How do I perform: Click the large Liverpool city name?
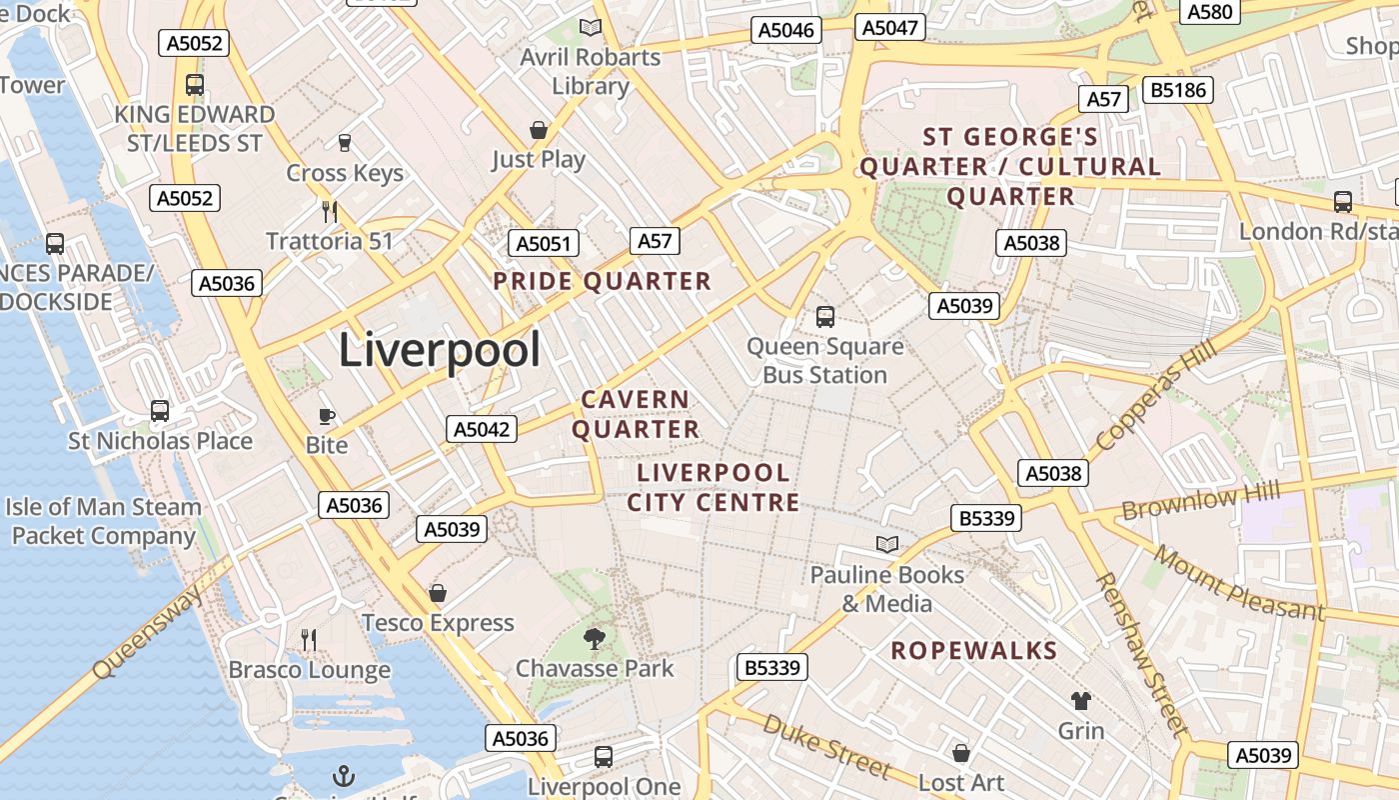(440, 350)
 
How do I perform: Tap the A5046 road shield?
(787, 30)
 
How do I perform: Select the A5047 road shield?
(889, 27)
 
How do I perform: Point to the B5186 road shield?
(1180, 90)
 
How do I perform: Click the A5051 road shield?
(544, 243)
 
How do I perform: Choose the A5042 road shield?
(482, 429)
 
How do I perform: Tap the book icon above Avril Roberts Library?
(591, 28)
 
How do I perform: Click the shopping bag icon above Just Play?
(539, 130)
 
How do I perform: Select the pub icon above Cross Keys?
(345, 143)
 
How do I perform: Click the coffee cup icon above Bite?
(327, 416)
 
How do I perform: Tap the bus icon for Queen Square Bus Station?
(825, 317)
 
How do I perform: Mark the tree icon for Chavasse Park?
(595, 638)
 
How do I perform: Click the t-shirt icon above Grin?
(1081, 700)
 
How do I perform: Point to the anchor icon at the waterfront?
(344, 775)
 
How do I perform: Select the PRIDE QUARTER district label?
(603, 281)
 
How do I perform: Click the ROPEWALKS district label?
(974, 651)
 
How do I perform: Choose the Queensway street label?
(147, 634)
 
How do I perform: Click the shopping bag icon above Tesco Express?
(437, 593)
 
